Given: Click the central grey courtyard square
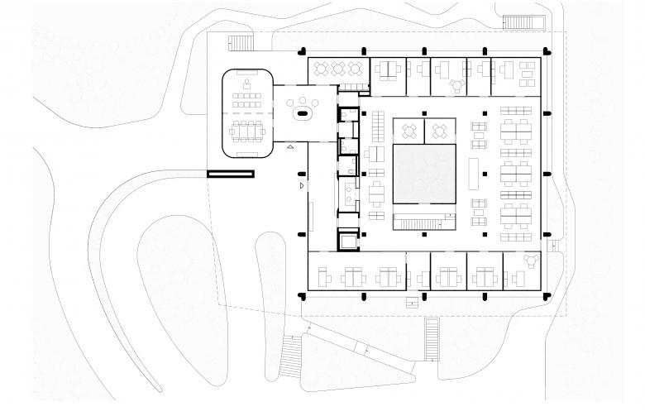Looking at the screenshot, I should coord(425,174).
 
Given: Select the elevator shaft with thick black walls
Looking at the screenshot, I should coord(347,240).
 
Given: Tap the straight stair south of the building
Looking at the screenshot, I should coord(432,338).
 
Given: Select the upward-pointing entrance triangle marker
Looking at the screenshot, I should coord(289,146).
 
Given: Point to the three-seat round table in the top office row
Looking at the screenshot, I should coord(455,82).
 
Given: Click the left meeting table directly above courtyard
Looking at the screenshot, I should coord(408,130).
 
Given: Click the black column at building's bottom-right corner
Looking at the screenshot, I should coord(547,295).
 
